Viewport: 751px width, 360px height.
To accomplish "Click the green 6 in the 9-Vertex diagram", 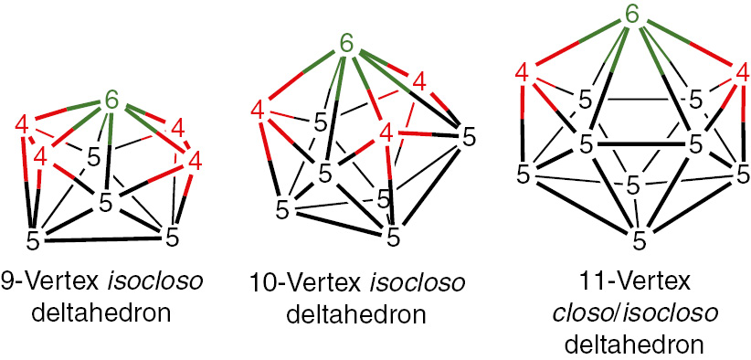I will pyautogui.click(x=111, y=100).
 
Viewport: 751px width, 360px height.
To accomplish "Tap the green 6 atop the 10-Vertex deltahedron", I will pyautogui.click(x=346, y=42).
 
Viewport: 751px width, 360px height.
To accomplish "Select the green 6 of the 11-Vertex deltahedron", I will pyautogui.click(x=630, y=15).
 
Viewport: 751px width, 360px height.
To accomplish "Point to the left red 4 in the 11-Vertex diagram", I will pyautogui.click(x=524, y=71).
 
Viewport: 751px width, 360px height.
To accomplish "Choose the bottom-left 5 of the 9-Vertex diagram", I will pyautogui.click(x=34, y=241).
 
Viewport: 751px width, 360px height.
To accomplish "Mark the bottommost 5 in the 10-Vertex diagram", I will pyautogui.click(x=393, y=238).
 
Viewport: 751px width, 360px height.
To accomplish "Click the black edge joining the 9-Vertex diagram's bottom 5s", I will pyautogui.click(x=102, y=241).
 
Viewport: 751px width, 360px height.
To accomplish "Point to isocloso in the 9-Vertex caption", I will pyautogui.click(x=135, y=280).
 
